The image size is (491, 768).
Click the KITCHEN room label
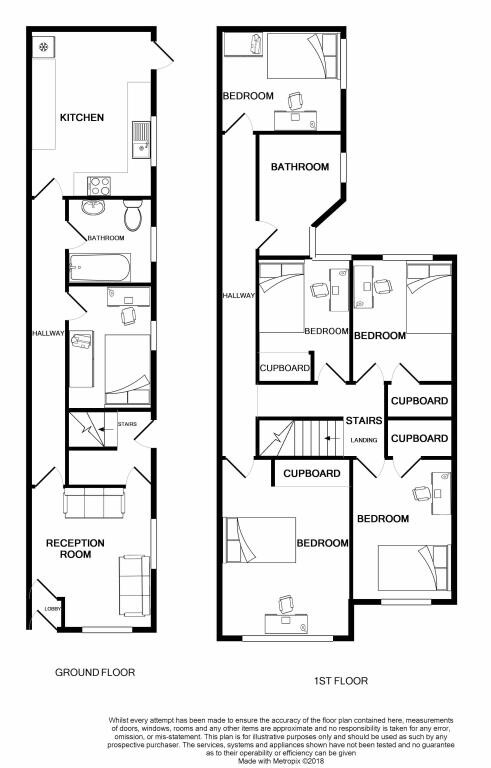81,118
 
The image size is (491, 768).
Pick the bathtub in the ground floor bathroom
98,268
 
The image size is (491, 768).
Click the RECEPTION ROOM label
75,549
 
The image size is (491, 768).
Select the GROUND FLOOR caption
94,672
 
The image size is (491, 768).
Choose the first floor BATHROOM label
299,167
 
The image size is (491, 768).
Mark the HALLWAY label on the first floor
240,296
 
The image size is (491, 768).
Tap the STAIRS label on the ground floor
127,424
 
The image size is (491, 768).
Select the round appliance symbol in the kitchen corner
44,48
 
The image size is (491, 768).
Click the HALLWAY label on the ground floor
48,333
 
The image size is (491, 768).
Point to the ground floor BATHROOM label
105,238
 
